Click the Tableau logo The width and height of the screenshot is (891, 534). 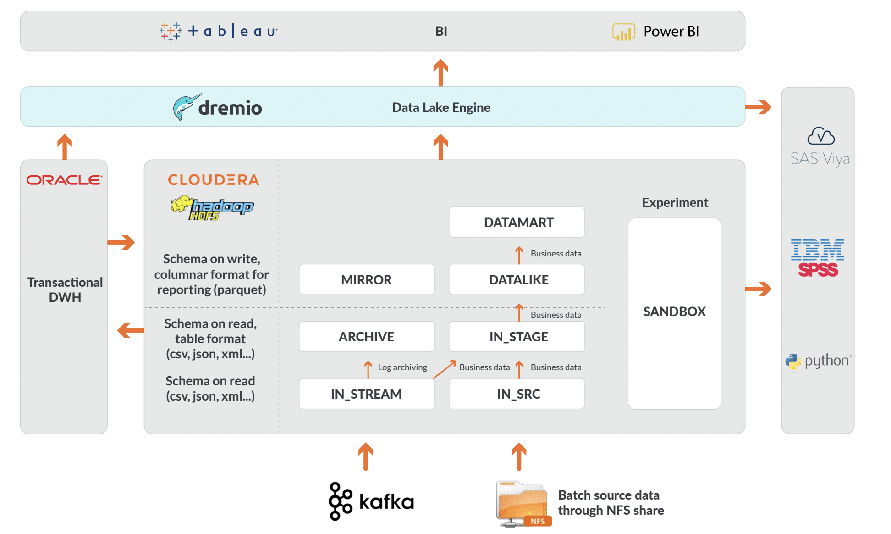(x=218, y=31)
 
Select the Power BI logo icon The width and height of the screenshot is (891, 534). (x=623, y=32)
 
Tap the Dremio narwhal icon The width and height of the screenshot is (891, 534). (x=186, y=107)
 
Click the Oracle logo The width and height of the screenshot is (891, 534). (x=64, y=180)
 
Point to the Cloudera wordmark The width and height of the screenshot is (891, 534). (x=214, y=180)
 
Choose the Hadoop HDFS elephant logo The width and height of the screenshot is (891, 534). (x=212, y=207)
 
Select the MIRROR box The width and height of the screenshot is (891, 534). (x=367, y=279)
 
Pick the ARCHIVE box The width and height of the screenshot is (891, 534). (x=367, y=337)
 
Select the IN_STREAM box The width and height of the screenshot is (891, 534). (x=367, y=394)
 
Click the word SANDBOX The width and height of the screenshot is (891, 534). (x=674, y=311)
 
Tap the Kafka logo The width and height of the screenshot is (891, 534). (x=371, y=501)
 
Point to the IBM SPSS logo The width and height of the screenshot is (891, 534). (x=818, y=258)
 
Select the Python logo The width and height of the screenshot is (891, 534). (x=819, y=361)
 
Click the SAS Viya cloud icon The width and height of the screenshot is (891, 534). (x=820, y=136)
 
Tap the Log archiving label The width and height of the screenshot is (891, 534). (x=402, y=367)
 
